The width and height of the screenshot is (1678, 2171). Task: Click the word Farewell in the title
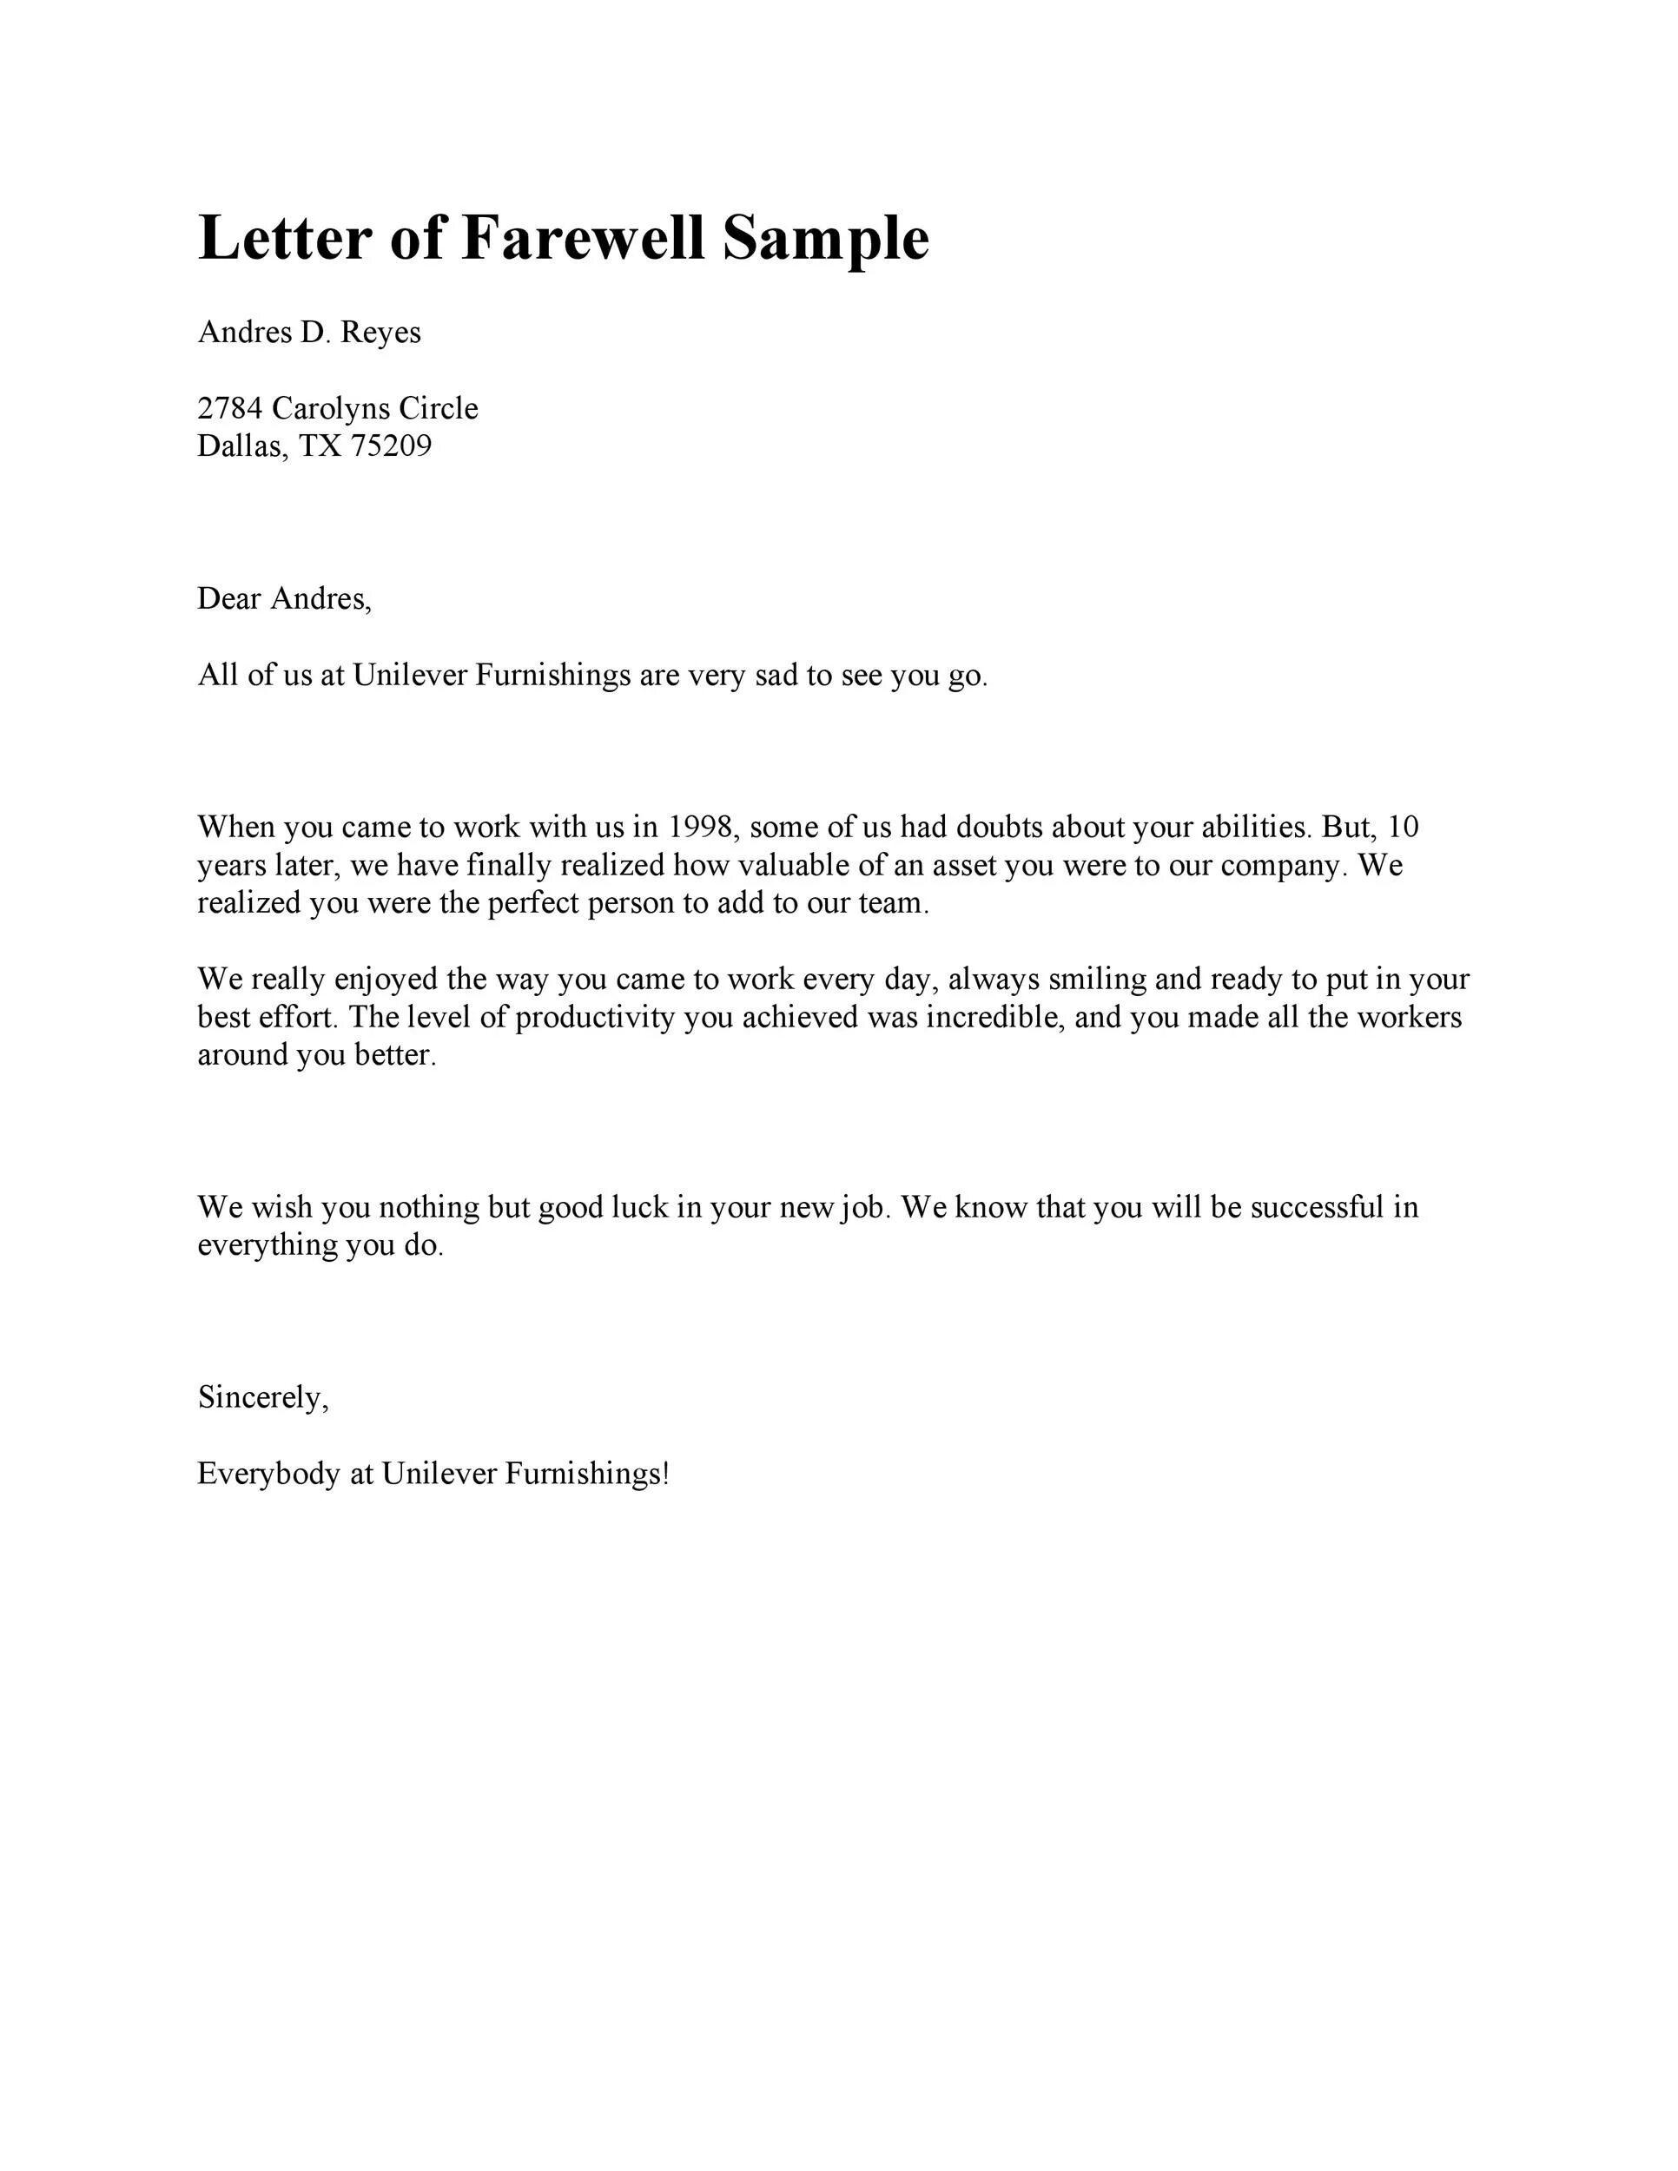(583, 239)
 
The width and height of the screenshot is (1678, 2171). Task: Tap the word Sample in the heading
(825, 239)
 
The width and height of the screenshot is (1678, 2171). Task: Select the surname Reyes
(380, 332)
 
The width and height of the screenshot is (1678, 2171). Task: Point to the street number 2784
(229, 407)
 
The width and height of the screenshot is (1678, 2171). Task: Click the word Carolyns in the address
(330, 407)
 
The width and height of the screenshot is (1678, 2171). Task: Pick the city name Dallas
(241, 445)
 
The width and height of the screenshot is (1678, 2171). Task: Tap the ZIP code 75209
(392, 445)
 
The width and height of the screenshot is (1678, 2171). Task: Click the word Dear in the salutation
(228, 598)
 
